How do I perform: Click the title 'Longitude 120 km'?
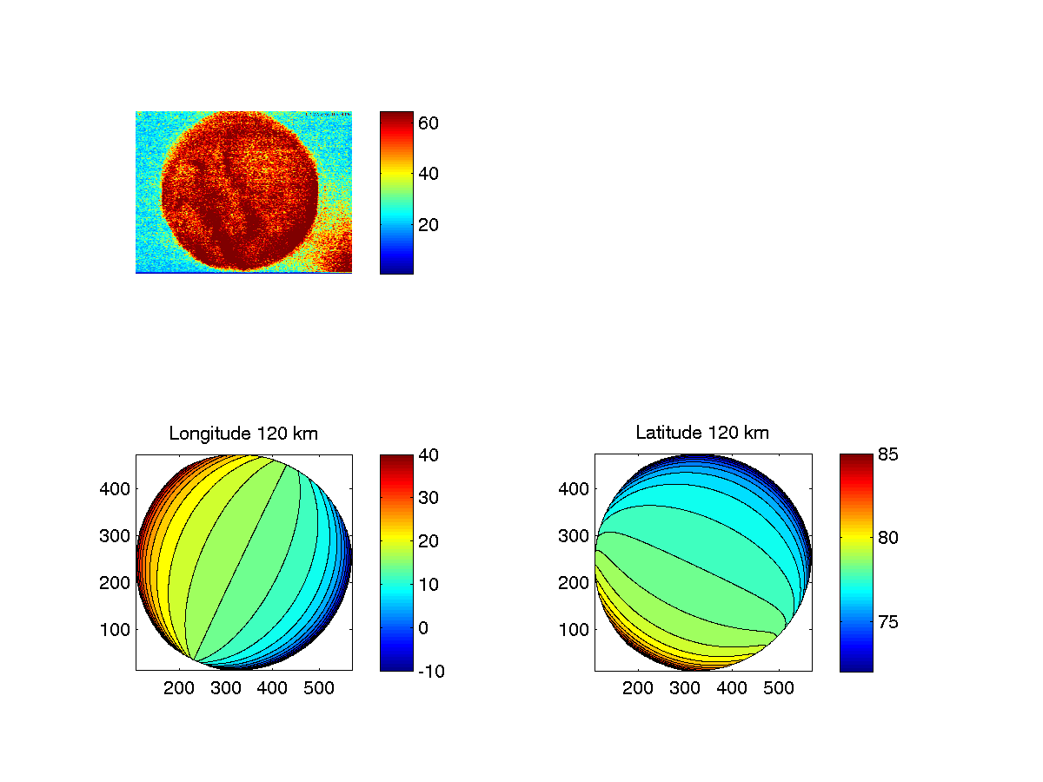(243, 433)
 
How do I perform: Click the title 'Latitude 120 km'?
(702, 433)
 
